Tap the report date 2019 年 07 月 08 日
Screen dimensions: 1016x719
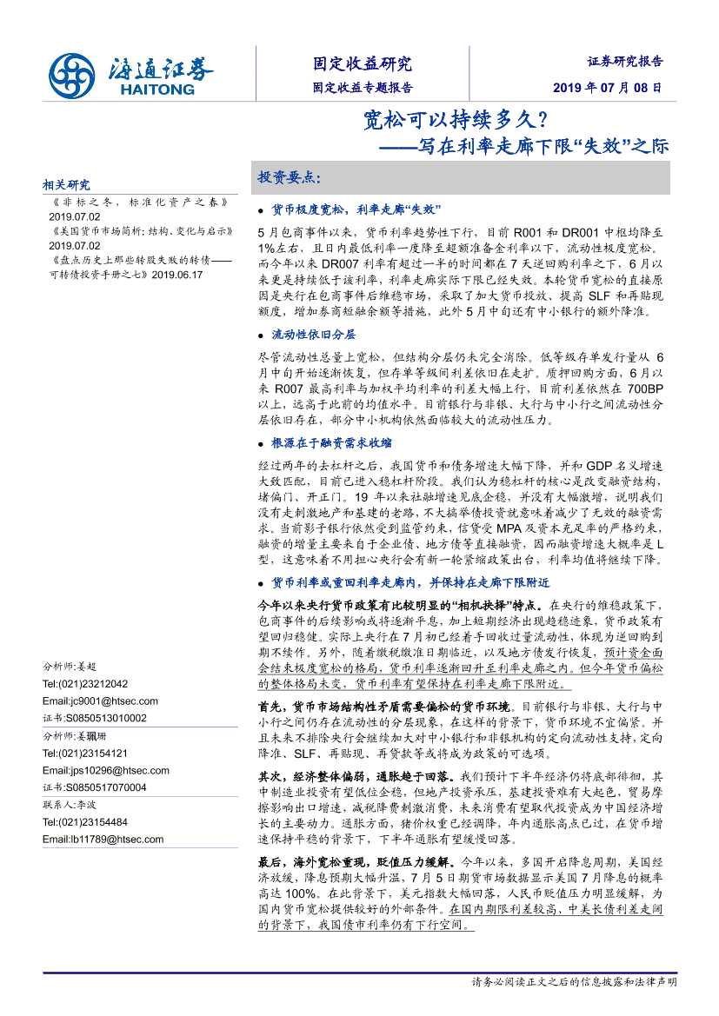click(607, 88)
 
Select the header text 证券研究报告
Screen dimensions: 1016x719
click(625, 62)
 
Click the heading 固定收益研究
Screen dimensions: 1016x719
click(363, 63)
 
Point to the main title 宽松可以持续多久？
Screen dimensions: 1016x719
click(455, 119)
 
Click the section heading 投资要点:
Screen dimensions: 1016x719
click(290, 177)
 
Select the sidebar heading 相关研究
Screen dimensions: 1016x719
click(66, 185)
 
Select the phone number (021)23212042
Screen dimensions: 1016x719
click(85, 684)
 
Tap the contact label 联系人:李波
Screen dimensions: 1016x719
click(70, 805)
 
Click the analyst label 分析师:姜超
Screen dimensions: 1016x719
click(70, 667)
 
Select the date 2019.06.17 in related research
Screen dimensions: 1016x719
click(177, 274)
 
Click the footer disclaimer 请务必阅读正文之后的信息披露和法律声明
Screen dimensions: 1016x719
click(574, 982)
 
